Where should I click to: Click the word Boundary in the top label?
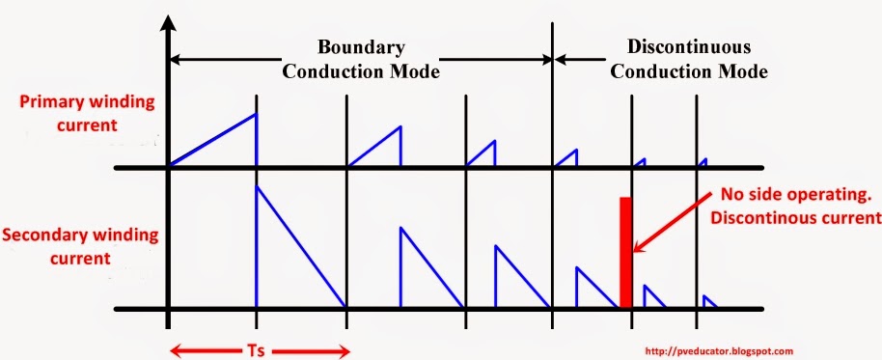pos(363,47)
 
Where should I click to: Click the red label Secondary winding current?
pos(69,246)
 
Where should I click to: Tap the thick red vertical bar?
pos(625,252)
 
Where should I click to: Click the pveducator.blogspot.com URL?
pos(717,352)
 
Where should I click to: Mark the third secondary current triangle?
pos(512,285)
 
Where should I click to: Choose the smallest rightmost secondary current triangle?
pos(707,302)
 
